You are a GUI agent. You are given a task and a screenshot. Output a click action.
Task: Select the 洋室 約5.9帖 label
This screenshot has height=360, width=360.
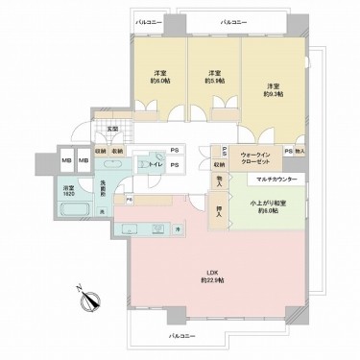(213, 78)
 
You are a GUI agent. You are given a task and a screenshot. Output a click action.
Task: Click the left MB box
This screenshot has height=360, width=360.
(66, 159)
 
